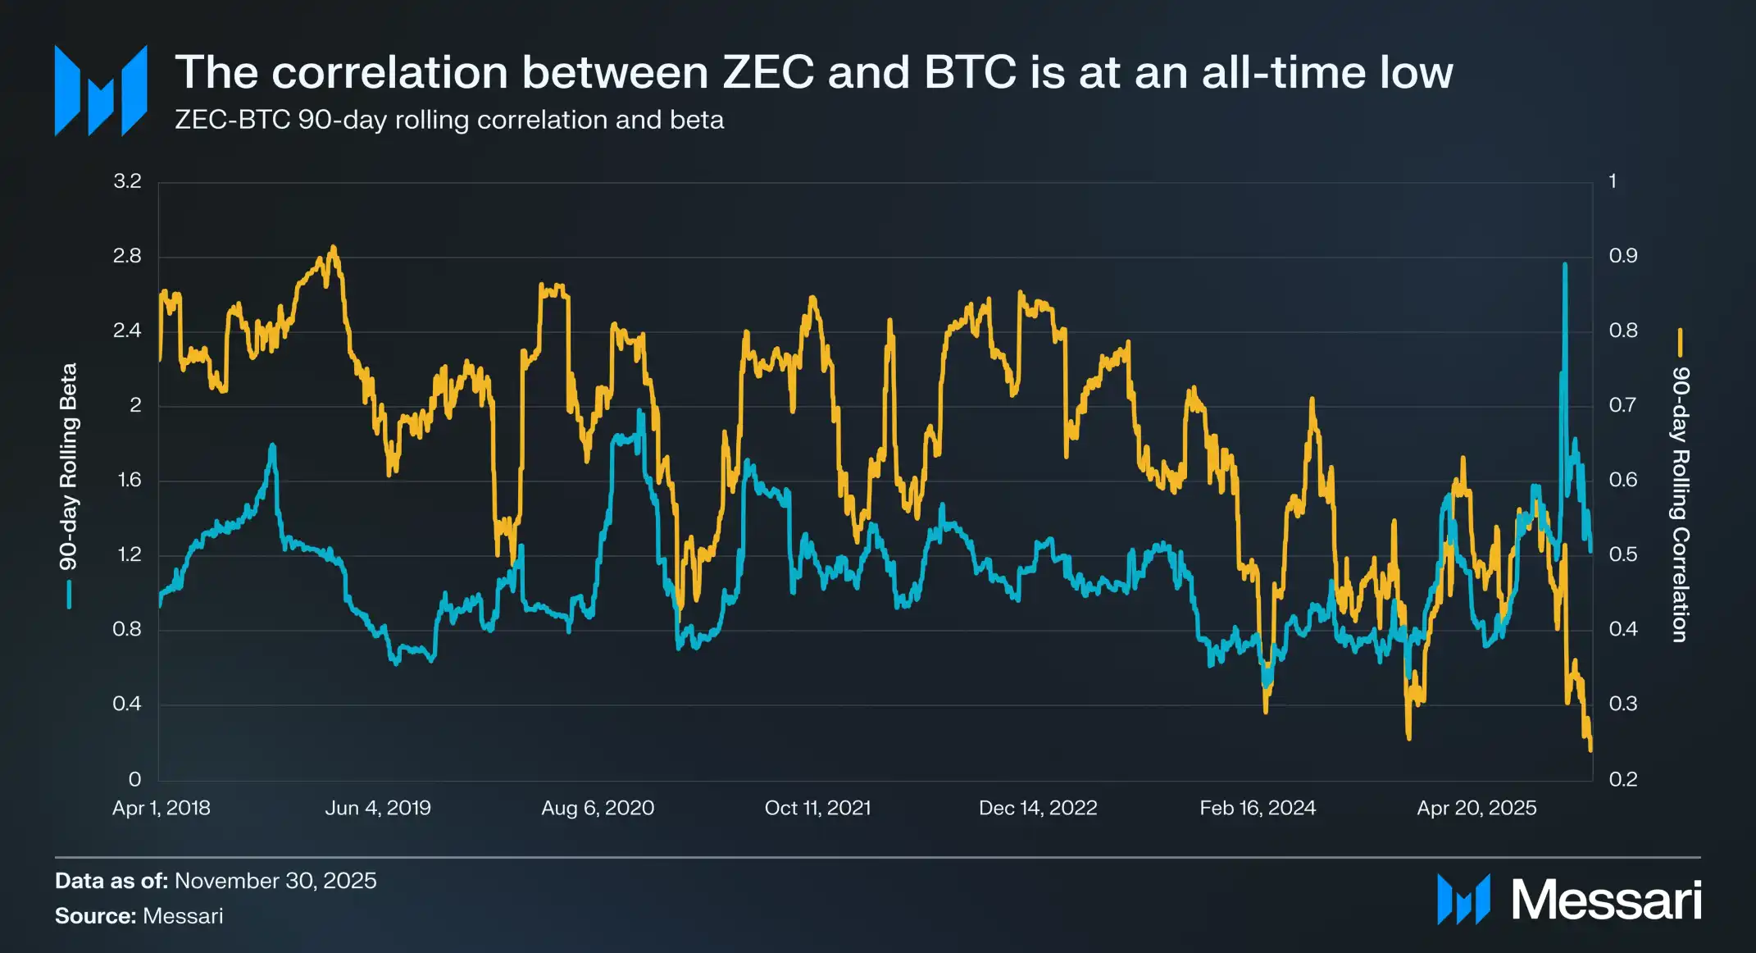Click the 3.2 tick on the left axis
pos(127,181)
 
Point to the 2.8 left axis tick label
pos(127,256)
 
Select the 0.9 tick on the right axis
pos(1622,256)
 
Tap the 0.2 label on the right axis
pos(1622,779)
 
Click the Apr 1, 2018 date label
pos(161,808)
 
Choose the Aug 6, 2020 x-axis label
pos(598,808)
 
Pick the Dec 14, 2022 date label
pos(1038,808)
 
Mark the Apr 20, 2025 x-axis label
pos(1476,808)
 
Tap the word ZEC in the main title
pos(768,72)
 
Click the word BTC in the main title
pos(970,72)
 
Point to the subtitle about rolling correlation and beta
pos(449,120)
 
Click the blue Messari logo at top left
pos(101,90)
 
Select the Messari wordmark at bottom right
pos(1606,901)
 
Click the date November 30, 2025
pos(275,881)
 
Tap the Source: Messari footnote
pos(139,916)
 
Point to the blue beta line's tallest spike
pos(1565,265)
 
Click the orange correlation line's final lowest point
pos(1590,748)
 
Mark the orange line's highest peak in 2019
pos(333,248)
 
